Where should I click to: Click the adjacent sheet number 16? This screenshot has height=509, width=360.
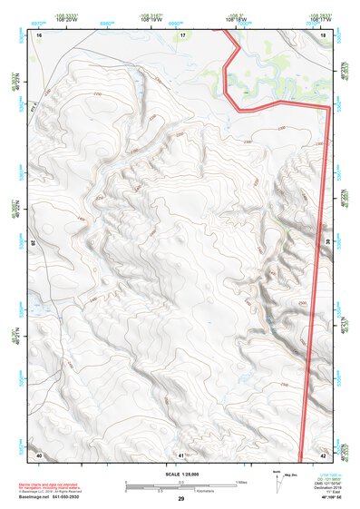click(x=40, y=34)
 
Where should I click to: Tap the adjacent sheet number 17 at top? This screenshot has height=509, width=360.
click(x=182, y=34)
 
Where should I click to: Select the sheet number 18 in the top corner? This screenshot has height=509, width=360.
click(x=324, y=34)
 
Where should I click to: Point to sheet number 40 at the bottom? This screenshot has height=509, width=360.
click(x=39, y=454)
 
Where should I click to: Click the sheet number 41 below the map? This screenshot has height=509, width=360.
click(x=181, y=454)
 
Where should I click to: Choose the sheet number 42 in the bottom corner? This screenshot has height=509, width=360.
click(x=324, y=454)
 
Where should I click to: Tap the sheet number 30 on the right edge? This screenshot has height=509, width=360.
click(x=327, y=242)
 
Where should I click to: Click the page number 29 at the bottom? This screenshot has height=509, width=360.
click(x=180, y=500)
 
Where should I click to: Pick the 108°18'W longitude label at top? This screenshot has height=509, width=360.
click(x=237, y=19)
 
